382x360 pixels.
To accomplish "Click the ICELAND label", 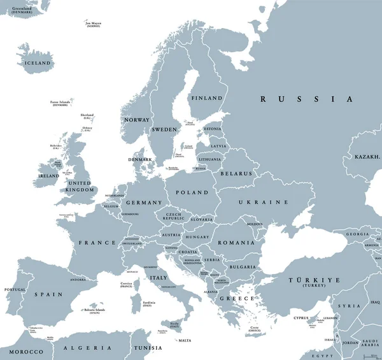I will click(x=36, y=64).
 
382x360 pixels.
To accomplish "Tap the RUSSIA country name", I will click(x=306, y=99).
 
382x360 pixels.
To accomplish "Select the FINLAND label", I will click(x=208, y=98).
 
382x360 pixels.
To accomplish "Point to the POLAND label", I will click(x=192, y=192).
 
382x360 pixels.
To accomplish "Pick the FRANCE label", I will click(x=97, y=243).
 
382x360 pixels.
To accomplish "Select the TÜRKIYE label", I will click(x=315, y=280).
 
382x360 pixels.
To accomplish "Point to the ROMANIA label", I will click(x=236, y=243).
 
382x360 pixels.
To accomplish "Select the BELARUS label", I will click(x=236, y=173).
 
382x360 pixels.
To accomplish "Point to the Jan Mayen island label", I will click(x=94, y=24).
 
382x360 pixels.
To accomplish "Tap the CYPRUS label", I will click(x=301, y=318).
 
